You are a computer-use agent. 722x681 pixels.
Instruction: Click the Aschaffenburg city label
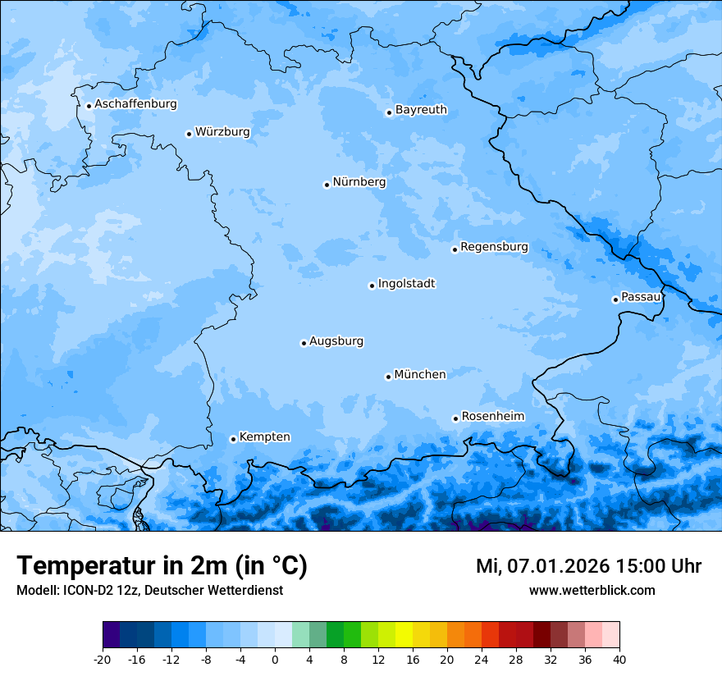click(135, 104)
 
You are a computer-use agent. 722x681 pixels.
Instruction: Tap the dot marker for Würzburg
click(189, 134)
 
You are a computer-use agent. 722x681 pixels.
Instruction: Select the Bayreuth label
click(421, 110)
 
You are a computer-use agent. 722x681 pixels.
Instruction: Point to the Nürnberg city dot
click(327, 185)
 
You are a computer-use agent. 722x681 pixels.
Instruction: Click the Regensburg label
click(494, 247)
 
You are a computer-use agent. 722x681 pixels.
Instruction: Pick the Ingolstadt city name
click(406, 284)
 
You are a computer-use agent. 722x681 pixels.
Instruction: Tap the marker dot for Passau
click(615, 299)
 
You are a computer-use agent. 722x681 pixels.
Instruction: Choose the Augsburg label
click(336, 341)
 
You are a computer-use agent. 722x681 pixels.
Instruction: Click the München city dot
click(388, 377)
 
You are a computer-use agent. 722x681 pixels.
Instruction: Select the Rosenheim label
click(492, 417)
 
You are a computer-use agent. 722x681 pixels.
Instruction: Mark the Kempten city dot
click(233, 439)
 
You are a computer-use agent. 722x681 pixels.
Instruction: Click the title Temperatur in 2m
click(162, 566)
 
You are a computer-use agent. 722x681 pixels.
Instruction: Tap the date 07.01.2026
click(557, 566)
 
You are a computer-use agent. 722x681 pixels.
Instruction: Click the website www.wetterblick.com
click(592, 591)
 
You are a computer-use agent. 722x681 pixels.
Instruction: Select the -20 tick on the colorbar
click(103, 659)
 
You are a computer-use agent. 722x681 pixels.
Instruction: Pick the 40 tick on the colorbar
click(619, 659)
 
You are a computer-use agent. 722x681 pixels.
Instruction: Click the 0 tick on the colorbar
click(275, 659)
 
